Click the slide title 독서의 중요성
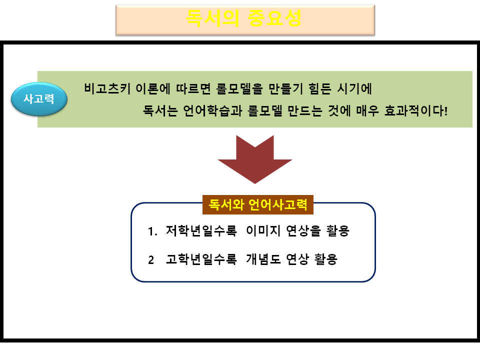click(x=244, y=18)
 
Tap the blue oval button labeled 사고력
click(x=39, y=98)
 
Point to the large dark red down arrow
click(x=255, y=158)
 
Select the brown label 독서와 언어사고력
click(x=257, y=204)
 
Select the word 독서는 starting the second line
click(x=158, y=110)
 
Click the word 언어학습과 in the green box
click(x=212, y=110)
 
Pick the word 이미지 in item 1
click(x=263, y=231)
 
